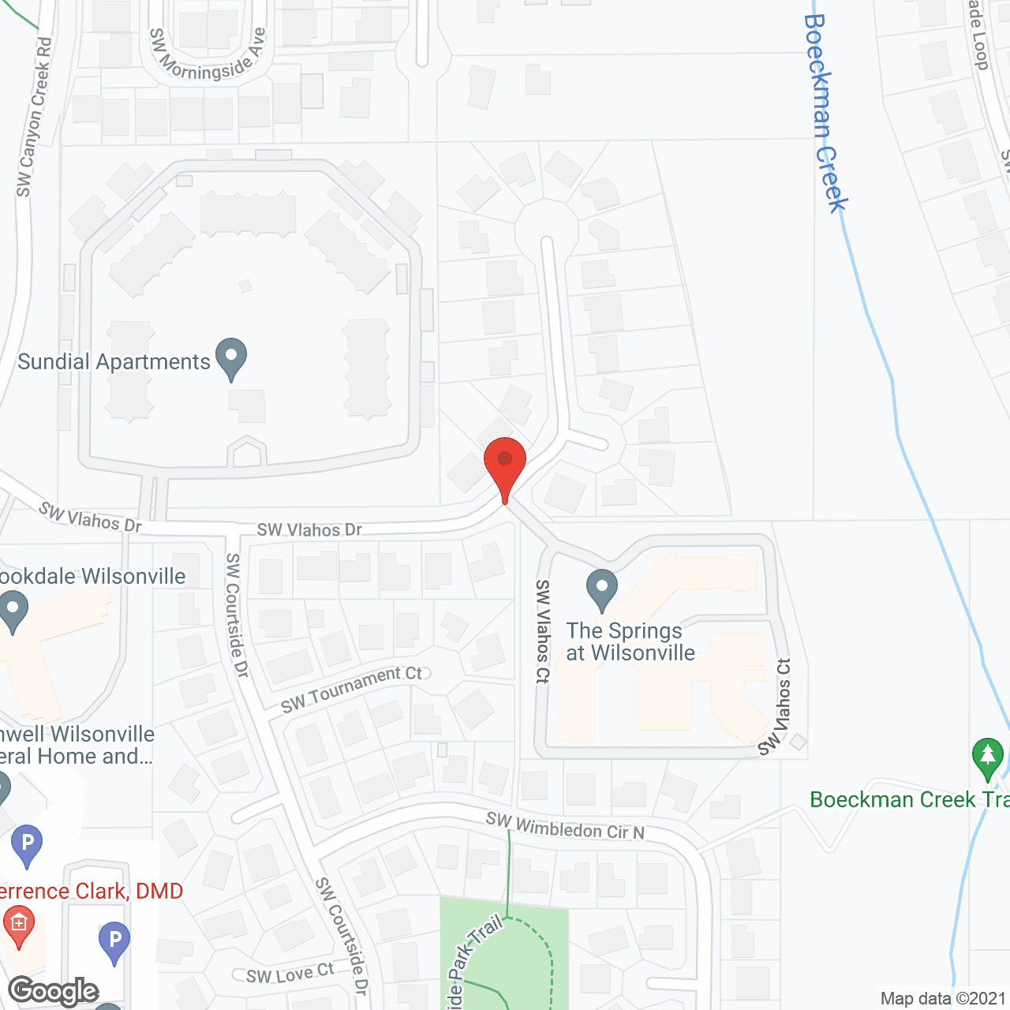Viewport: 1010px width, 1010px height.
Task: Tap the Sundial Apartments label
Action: (x=114, y=361)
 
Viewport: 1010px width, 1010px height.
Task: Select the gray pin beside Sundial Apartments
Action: (x=231, y=357)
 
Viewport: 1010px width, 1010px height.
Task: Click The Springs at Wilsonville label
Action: (x=630, y=642)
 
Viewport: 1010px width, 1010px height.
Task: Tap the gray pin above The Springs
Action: (x=602, y=589)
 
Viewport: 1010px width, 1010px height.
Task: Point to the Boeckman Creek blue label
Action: (x=825, y=114)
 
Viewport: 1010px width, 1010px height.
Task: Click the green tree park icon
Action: (x=987, y=757)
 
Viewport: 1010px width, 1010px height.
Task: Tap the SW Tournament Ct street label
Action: (x=352, y=688)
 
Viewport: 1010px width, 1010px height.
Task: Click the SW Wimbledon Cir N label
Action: (x=565, y=826)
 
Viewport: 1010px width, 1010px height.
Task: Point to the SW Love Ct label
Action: (x=290, y=974)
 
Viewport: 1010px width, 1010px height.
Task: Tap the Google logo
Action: (x=54, y=991)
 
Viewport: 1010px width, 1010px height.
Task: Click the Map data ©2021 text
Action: (x=944, y=998)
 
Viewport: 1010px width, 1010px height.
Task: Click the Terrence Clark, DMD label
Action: (x=91, y=891)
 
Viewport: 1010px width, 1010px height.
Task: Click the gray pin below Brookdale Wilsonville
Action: (x=13, y=612)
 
